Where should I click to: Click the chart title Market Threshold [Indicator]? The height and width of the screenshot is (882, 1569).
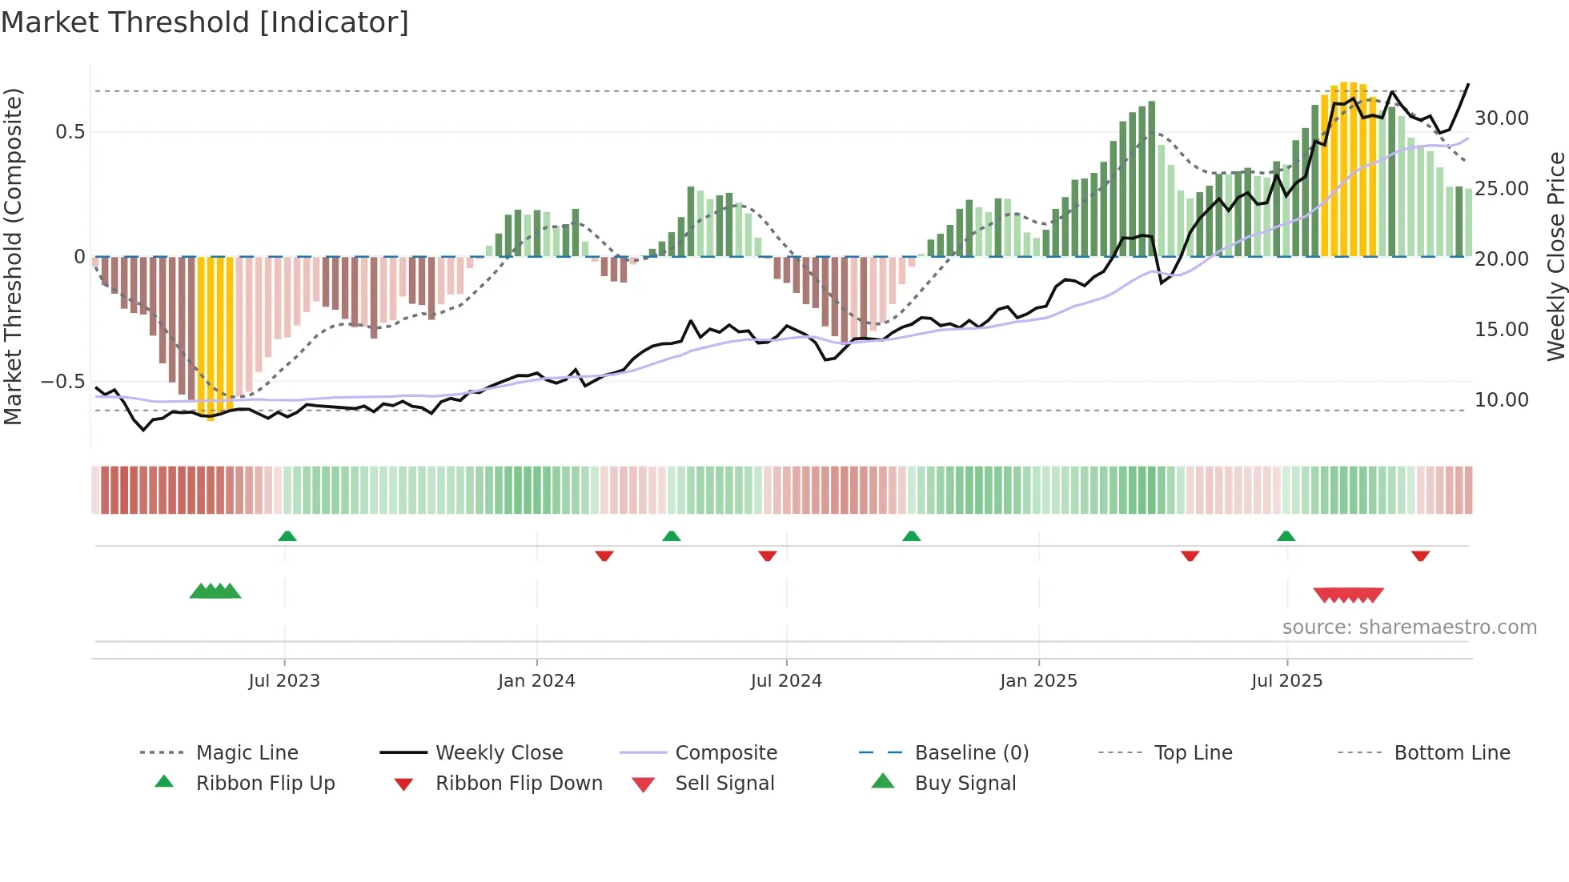click(x=205, y=22)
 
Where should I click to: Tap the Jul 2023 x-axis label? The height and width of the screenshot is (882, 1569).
click(x=283, y=681)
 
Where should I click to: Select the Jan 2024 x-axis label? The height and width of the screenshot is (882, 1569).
click(x=536, y=681)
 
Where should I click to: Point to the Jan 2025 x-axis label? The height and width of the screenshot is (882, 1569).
click(x=1037, y=681)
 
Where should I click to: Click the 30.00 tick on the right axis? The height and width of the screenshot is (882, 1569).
click(x=1501, y=118)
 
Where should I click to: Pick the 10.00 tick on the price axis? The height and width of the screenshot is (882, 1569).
click(x=1501, y=400)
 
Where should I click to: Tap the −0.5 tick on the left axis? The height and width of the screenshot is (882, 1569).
click(x=62, y=382)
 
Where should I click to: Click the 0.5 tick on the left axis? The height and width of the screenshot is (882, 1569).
click(x=70, y=132)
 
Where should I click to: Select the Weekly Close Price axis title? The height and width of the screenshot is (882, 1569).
click(x=1555, y=256)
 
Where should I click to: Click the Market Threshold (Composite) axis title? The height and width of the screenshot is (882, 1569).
click(x=13, y=256)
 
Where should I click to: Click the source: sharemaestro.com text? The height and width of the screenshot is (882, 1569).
click(x=1409, y=627)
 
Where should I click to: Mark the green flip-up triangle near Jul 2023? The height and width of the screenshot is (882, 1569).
click(x=287, y=536)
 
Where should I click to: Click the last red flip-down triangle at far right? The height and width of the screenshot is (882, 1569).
click(x=1420, y=555)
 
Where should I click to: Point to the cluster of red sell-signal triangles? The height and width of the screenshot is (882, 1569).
click(x=1348, y=595)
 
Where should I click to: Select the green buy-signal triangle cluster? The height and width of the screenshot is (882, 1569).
click(x=215, y=591)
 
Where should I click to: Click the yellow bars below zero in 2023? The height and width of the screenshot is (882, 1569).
click(x=215, y=336)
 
